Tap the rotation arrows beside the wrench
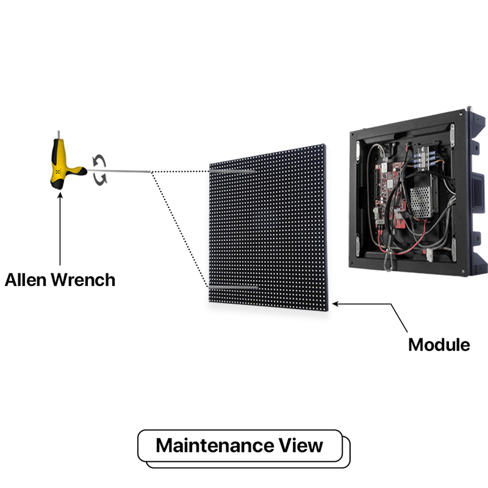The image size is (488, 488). tap(99, 169)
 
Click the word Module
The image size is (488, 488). tap(439, 345)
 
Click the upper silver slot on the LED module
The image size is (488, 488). tap(233, 172)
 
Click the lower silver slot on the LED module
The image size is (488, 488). tap(234, 286)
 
